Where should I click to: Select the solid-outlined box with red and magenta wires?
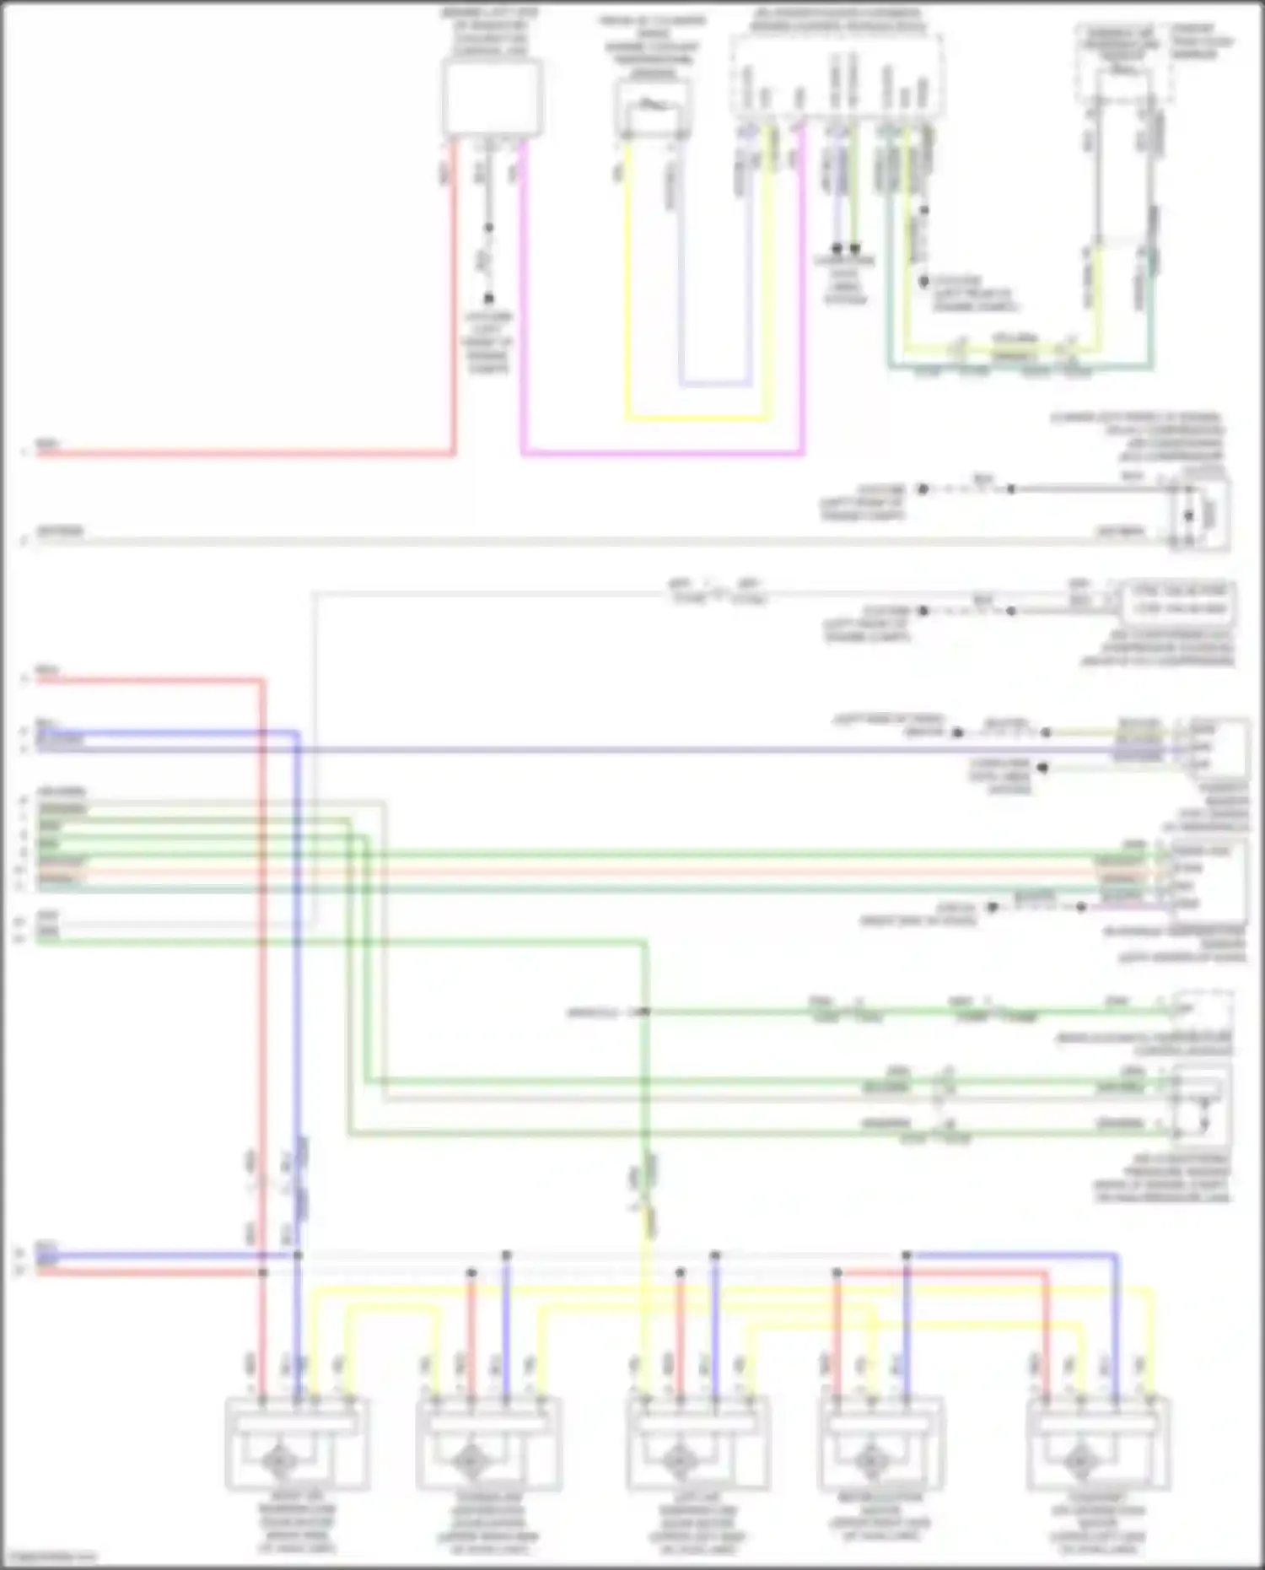click(x=492, y=99)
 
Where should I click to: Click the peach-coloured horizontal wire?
click(x=590, y=871)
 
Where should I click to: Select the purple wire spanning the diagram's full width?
click(x=675, y=748)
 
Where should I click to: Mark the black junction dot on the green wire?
click(x=644, y=1011)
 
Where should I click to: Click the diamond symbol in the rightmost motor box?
click(x=1080, y=1458)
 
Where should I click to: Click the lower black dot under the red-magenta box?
click(x=488, y=299)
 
